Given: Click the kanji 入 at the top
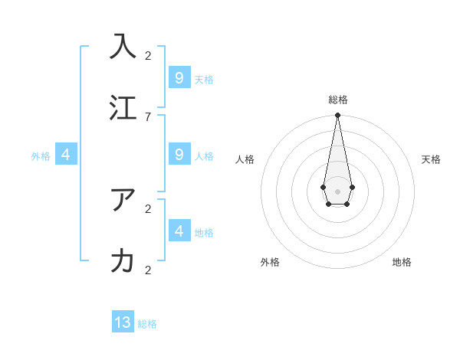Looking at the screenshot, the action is [x=123, y=45].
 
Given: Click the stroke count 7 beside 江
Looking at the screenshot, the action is [x=148, y=116].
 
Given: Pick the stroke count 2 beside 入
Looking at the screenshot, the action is [x=148, y=55].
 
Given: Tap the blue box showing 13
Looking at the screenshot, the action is [x=123, y=322].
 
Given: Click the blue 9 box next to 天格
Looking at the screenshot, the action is [x=179, y=78].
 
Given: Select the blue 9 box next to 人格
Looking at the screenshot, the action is [x=179, y=155].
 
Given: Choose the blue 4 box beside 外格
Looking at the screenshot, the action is [x=66, y=155].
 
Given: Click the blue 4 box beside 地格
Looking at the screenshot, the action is [x=179, y=231].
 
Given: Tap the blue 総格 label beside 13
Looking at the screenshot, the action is [x=147, y=324].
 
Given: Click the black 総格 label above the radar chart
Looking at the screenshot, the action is [x=338, y=100].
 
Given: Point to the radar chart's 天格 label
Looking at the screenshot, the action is [x=431, y=159].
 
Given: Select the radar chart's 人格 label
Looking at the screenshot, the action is [x=245, y=159].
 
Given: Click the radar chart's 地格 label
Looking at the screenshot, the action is [x=402, y=262].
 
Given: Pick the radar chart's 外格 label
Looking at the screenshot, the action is [x=270, y=262].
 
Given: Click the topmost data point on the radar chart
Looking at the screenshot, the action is [x=337, y=116].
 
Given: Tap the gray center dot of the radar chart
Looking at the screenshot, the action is [x=337, y=191].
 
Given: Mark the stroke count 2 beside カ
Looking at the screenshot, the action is [x=148, y=270].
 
